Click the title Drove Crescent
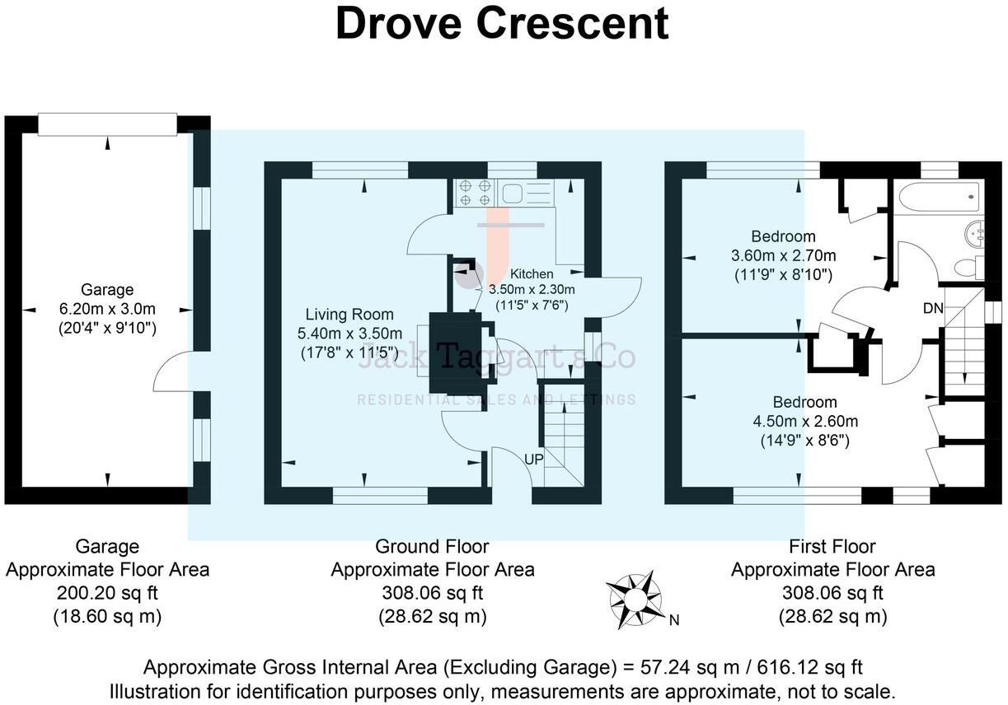click(501, 24)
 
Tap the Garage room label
click(107, 290)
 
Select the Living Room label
click(349, 315)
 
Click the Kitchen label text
click(532, 273)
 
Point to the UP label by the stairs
click(533, 460)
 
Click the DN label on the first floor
click(934, 308)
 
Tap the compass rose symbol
click(635, 595)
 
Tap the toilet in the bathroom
click(967, 266)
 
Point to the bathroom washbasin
click(977, 233)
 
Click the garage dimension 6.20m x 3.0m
click(107, 309)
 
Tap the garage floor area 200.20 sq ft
click(107, 592)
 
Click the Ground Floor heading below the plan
click(432, 546)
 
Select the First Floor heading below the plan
click(832, 546)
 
